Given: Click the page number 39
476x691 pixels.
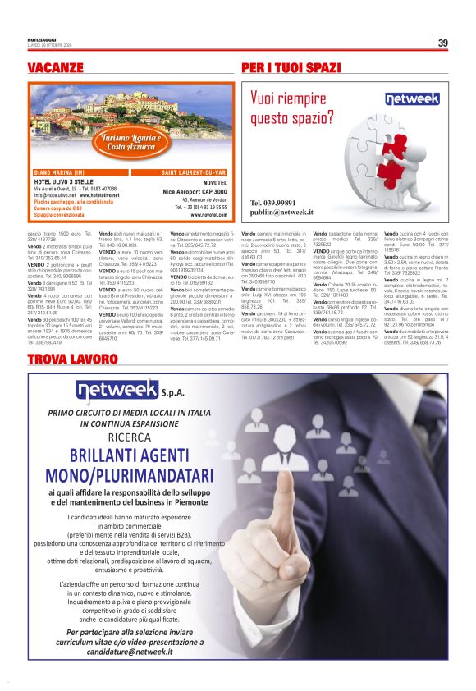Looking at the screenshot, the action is [442, 43].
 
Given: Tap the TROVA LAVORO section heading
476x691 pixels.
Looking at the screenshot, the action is [66, 383].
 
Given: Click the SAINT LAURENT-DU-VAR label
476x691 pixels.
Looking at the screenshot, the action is [194, 172].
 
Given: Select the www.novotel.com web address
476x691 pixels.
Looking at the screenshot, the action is [213, 214].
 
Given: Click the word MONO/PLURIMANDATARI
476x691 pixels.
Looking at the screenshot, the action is [129, 475].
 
